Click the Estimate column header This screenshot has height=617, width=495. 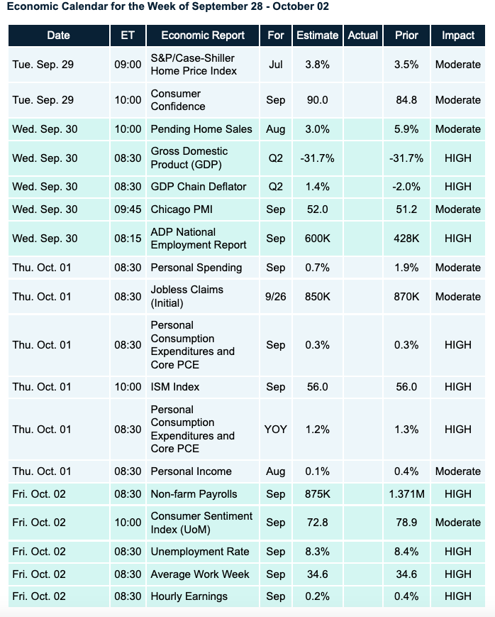[x=316, y=36]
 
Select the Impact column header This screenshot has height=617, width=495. [x=458, y=36]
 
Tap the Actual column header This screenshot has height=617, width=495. [x=362, y=36]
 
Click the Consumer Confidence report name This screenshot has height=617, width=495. [x=177, y=100]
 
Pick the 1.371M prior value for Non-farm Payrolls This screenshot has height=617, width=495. [x=406, y=494]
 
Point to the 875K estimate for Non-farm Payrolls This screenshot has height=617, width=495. [x=316, y=494]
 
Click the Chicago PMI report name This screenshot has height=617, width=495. [x=182, y=209]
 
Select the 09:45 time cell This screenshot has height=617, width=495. [x=128, y=209]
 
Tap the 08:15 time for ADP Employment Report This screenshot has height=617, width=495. [x=128, y=239]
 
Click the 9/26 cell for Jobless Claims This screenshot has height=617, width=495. [x=276, y=297]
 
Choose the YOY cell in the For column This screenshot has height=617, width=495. [x=276, y=430]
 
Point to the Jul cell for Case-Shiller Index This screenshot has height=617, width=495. [x=276, y=65]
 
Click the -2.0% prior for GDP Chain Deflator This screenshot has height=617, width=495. [x=406, y=187]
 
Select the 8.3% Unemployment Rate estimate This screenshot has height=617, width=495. [x=316, y=552]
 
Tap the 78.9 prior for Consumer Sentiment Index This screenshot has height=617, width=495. [x=406, y=523]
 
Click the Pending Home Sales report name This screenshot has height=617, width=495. [x=201, y=129]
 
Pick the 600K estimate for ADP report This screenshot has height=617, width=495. [x=316, y=239]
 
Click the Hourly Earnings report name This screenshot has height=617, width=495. [x=189, y=596]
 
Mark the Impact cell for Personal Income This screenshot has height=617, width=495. [x=458, y=471]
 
